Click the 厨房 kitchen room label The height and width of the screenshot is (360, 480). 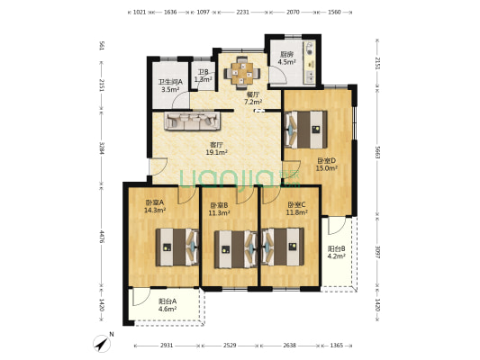point(287,53)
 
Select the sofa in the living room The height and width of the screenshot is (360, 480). point(189,121)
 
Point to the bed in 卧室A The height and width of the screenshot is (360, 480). point(177,246)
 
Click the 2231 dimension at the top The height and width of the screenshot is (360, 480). point(242,12)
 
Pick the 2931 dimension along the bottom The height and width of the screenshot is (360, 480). point(160,345)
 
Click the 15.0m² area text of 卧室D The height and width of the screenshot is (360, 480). point(326,167)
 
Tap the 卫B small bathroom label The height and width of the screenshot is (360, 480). point(204,72)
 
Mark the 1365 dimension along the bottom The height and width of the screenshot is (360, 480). point(335,345)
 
